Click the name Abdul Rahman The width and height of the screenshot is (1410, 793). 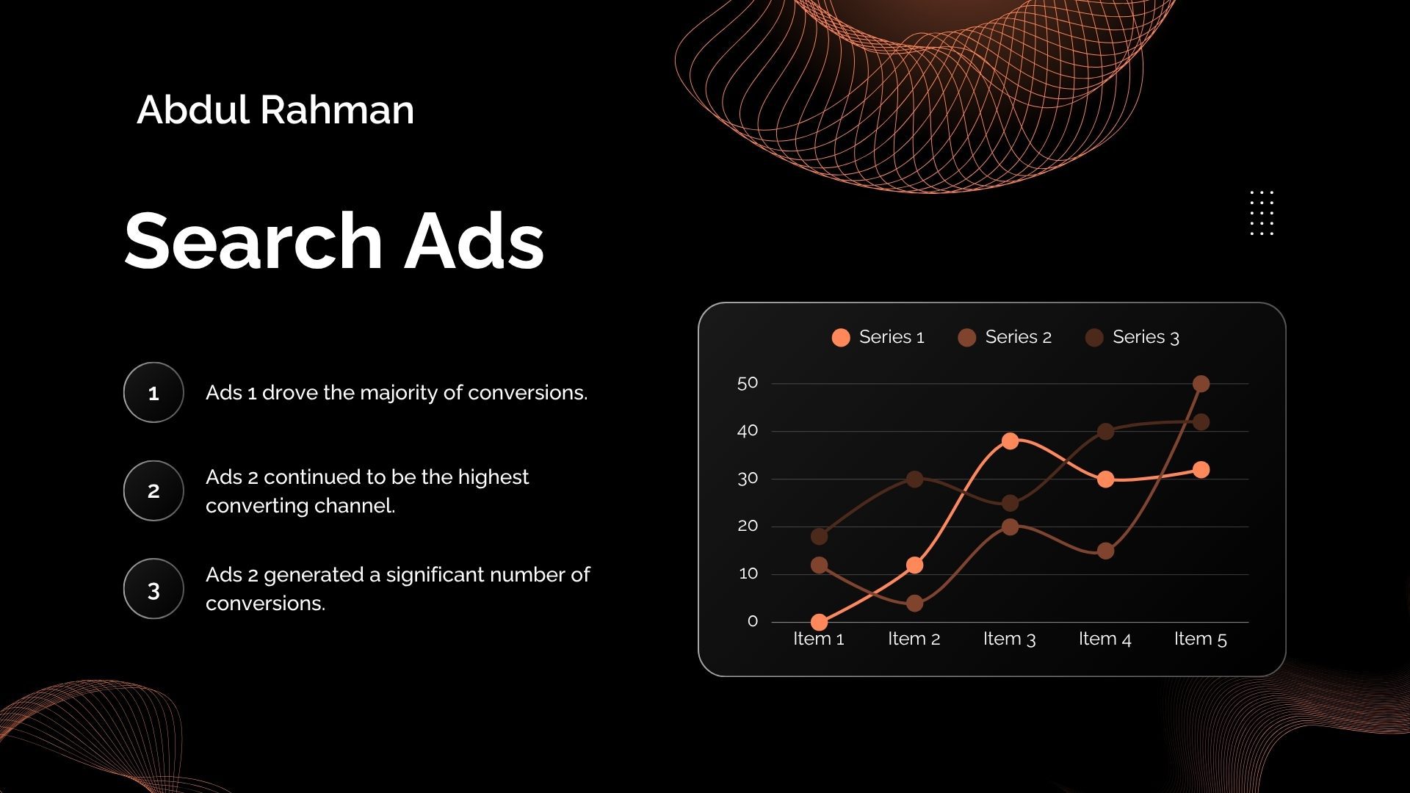point(275,110)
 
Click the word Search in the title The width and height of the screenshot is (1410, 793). point(253,241)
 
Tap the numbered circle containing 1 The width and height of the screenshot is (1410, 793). point(153,392)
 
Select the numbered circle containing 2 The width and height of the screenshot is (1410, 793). point(153,490)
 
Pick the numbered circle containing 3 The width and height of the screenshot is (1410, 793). point(153,589)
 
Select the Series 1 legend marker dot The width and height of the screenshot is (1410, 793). point(841,337)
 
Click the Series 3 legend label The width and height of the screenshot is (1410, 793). point(1146,337)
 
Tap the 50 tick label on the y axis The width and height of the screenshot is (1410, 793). point(748,383)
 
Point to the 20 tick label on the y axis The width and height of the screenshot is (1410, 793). point(748,526)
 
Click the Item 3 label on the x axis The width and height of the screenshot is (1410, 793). point(1009,639)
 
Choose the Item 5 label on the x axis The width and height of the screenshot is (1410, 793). point(1201,639)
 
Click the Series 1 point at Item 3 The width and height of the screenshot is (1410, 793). point(1010,441)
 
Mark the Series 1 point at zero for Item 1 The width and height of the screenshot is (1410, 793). point(820,622)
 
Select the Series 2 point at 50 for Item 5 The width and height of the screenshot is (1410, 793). point(1201,383)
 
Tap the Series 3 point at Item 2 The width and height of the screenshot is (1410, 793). point(914,479)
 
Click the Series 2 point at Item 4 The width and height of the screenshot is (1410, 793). point(1105,551)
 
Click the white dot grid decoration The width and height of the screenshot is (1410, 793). point(1262,213)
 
